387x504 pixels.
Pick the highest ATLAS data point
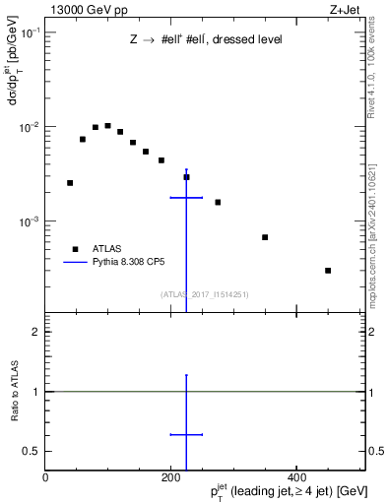coord(107,126)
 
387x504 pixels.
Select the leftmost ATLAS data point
coord(70,183)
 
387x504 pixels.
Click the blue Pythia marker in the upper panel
coord(186,198)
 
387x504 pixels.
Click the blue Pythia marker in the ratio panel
coord(186,434)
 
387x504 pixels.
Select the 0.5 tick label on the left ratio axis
coord(32,451)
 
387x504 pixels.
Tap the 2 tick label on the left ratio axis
coord(36,333)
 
